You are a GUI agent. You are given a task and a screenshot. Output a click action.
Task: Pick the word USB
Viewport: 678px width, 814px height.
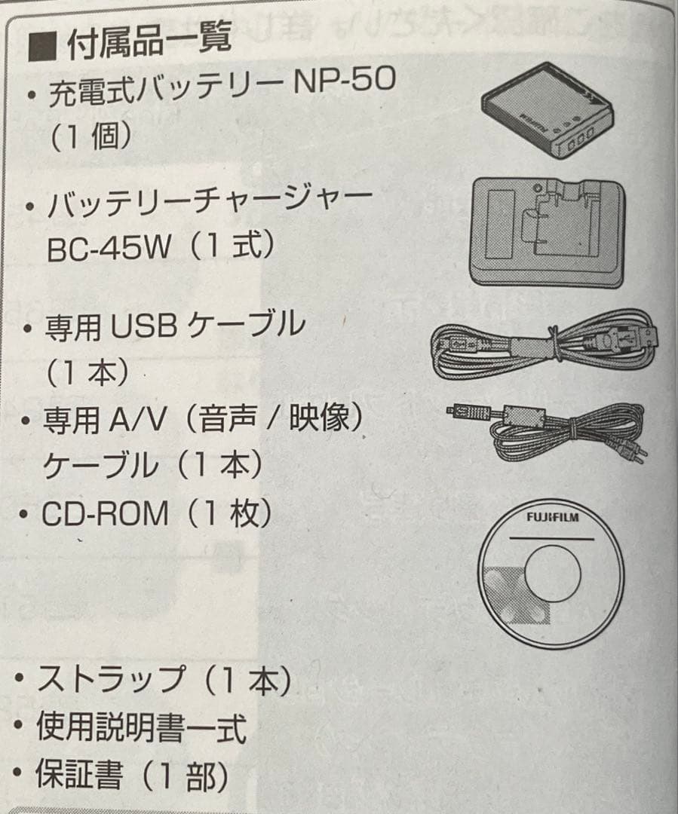click(143, 326)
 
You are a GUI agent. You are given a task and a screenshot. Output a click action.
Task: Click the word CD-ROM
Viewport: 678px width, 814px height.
click(105, 515)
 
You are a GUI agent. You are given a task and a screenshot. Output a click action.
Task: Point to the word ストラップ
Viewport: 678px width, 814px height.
click(110, 679)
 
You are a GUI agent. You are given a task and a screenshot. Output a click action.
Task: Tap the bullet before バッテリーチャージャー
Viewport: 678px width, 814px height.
click(29, 207)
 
